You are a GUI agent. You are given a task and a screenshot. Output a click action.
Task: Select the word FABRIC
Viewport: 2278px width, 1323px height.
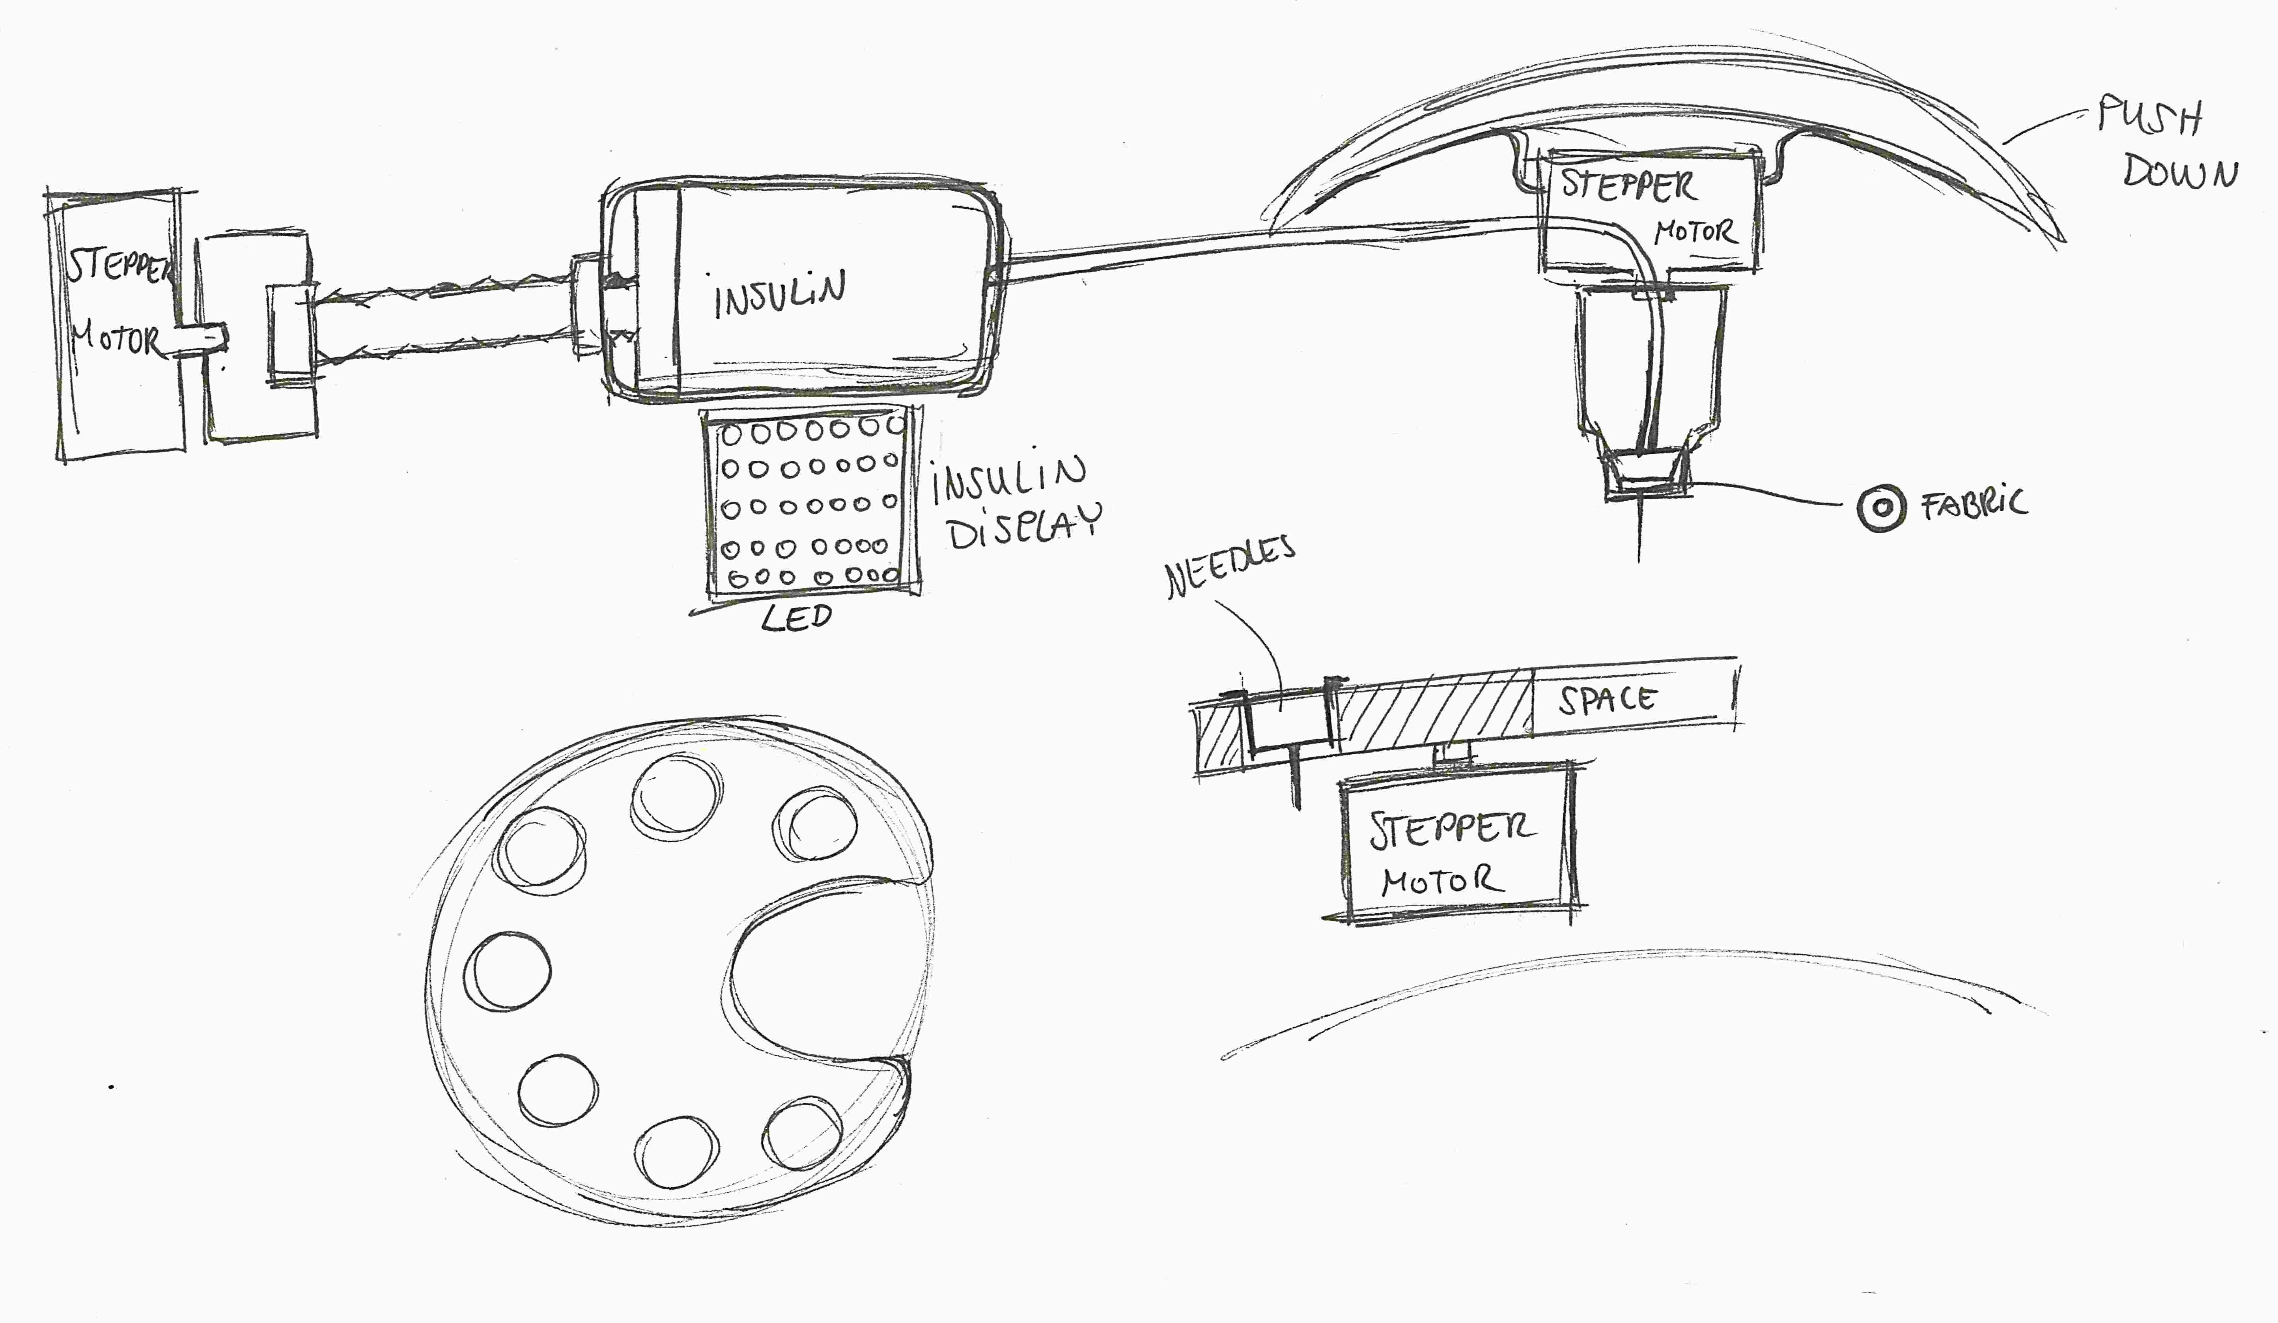(x=1974, y=505)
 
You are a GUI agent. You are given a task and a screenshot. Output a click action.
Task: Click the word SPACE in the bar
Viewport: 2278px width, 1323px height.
(x=1606, y=699)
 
